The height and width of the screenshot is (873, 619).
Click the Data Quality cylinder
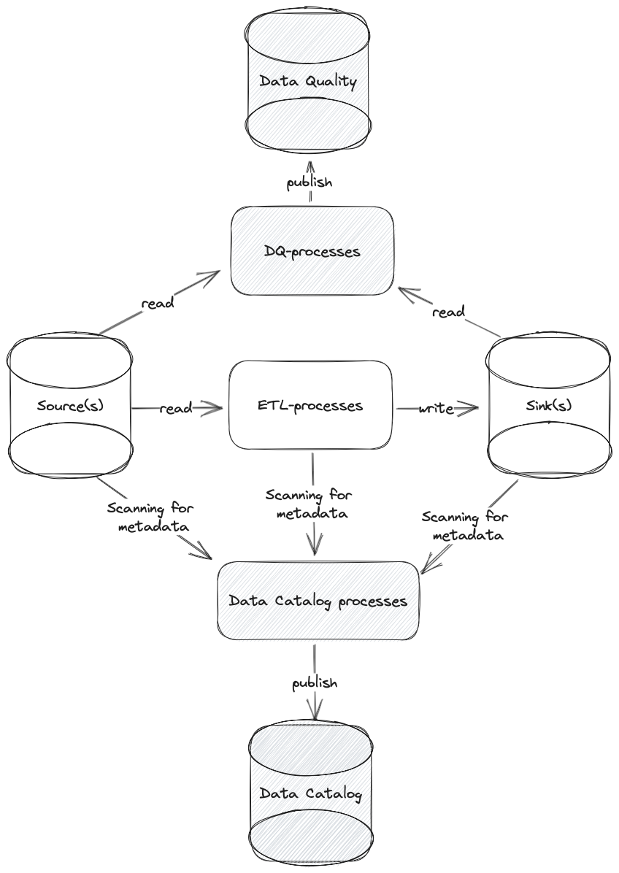click(307, 80)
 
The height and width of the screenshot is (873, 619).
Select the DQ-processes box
click(312, 251)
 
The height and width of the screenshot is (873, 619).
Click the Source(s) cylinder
click(70, 405)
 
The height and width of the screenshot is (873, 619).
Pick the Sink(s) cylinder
click(548, 405)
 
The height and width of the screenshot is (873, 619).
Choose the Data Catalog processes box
click(318, 601)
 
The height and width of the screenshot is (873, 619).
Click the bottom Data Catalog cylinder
click(311, 793)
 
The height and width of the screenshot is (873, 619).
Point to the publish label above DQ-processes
click(309, 182)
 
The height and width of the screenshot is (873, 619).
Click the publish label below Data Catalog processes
click(315, 683)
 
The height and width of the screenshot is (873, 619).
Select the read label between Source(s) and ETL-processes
click(176, 408)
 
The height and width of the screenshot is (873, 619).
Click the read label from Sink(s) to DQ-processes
click(448, 312)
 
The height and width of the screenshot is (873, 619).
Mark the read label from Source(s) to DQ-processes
click(157, 303)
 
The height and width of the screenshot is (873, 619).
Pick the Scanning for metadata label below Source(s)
click(150, 517)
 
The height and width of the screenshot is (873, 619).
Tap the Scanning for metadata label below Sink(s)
click(465, 526)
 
